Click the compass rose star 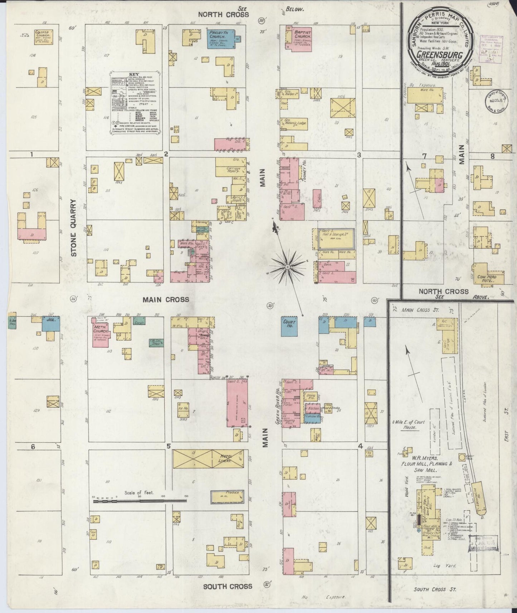point(287,267)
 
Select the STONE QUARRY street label point(74,228)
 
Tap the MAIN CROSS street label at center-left point(166,299)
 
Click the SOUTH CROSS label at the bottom point(228,586)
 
